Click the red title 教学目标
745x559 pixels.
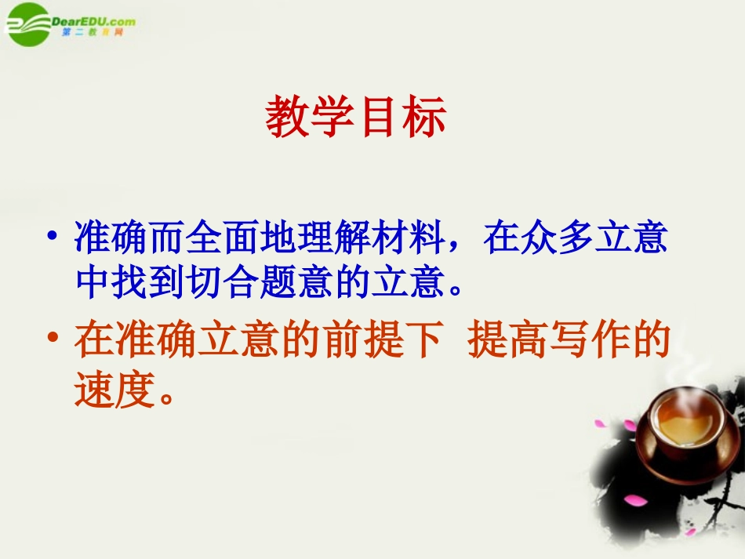pos(355,118)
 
